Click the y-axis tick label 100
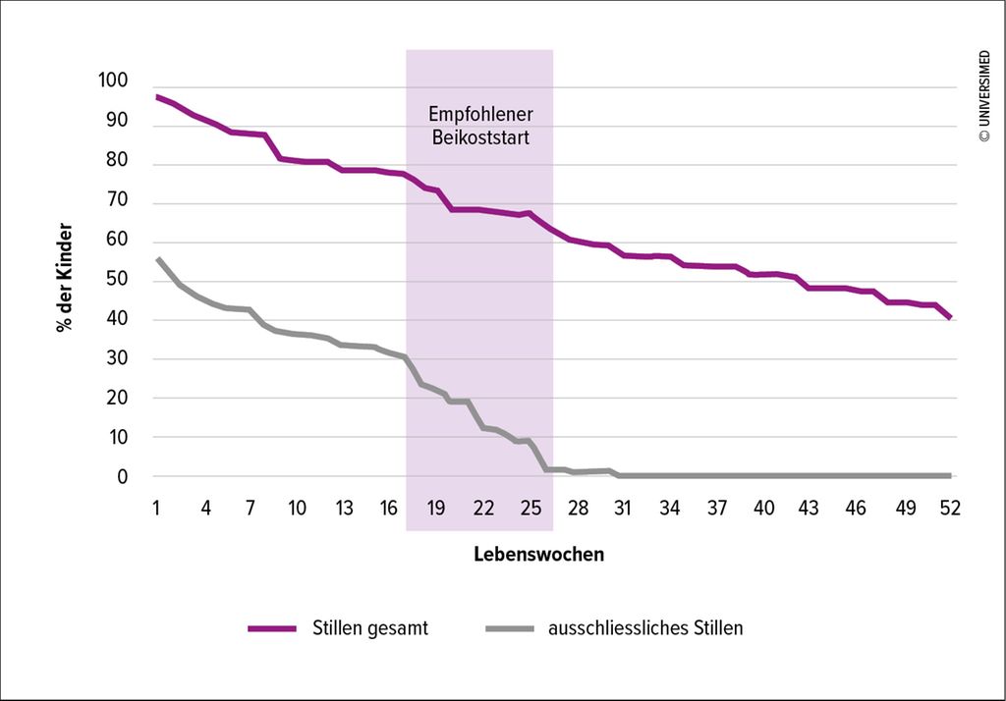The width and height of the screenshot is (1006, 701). (114, 81)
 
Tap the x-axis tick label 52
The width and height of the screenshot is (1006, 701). (950, 508)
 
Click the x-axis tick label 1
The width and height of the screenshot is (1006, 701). (156, 508)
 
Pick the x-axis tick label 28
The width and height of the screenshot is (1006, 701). (577, 508)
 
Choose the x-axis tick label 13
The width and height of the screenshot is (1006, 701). (344, 508)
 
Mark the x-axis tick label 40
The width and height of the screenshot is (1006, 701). (762, 508)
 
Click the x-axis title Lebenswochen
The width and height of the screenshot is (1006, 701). (538, 555)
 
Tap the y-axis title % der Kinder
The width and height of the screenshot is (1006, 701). (66, 279)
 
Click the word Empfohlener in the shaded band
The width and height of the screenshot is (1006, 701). (480, 115)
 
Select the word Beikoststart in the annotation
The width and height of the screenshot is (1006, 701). (480, 137)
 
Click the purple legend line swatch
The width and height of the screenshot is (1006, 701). (272, 628)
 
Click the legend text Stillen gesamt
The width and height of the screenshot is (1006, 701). (370, 628)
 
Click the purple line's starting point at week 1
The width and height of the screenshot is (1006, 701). (157, 96)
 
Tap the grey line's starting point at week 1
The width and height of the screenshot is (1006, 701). (157, 258)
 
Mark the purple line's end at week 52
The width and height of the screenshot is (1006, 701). (950, 318)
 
